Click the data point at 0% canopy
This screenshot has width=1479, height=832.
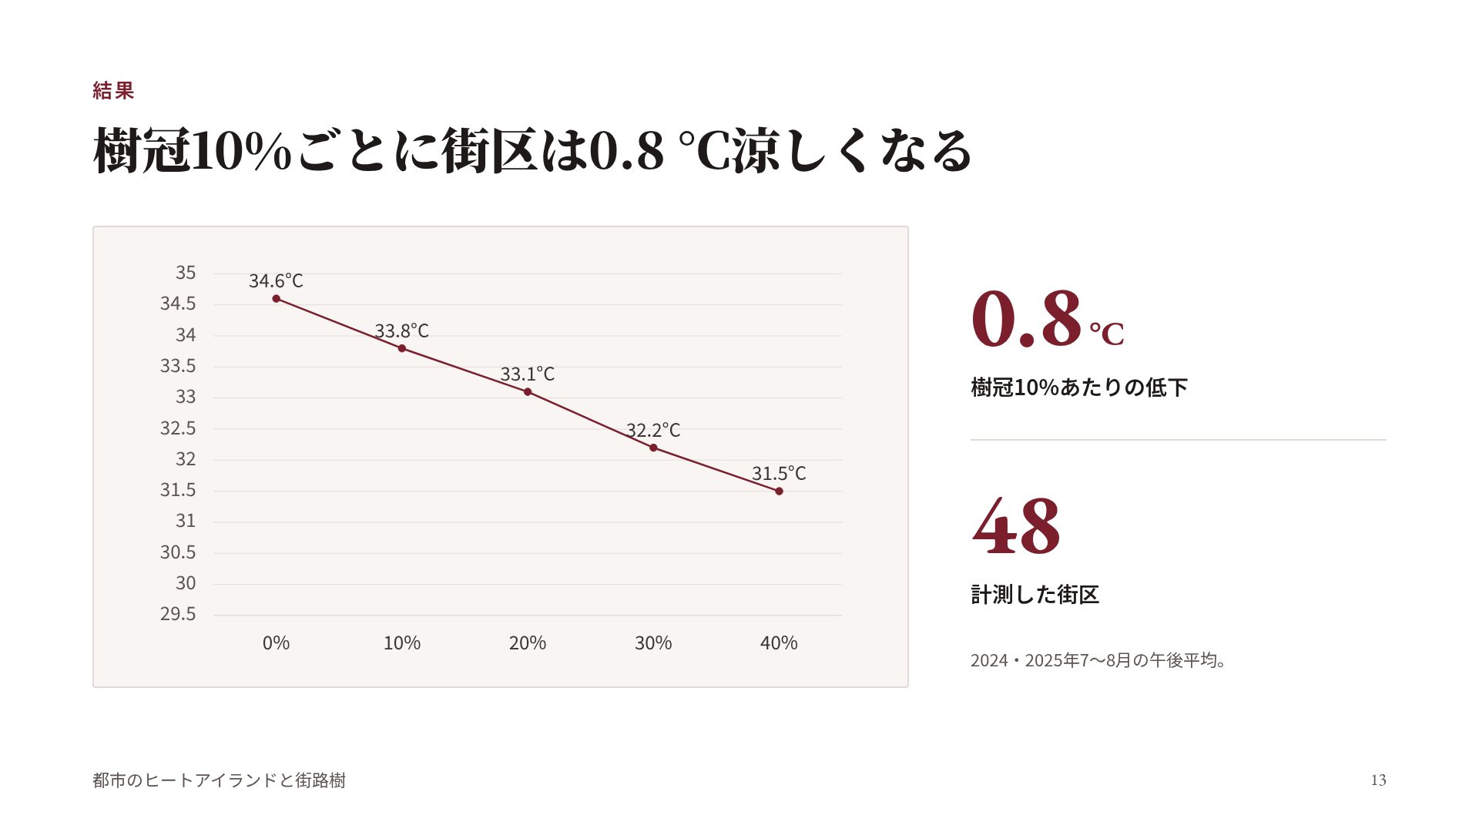click(276, 299)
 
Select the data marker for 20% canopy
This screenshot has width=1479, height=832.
click(528, 392)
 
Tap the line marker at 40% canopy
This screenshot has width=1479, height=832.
click(779, 491)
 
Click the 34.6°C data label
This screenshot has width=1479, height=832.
click(276, 281)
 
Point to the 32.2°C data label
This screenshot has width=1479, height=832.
click(653, 430)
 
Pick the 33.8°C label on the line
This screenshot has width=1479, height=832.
click(401, 331)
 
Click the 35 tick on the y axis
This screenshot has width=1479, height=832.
click(186, 273)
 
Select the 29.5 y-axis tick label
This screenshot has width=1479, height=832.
click(178, 614)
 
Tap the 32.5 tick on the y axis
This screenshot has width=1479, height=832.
click(178, 428)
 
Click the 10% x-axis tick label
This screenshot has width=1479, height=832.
click(402, 643)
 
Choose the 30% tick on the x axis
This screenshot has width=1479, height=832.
click(653, 643)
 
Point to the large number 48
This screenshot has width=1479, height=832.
click(1016, 526)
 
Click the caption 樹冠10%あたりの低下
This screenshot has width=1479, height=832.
click(1079, 387)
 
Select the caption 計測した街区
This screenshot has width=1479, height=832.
click(1035, 595)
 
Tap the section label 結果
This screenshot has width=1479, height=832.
click(113, 91)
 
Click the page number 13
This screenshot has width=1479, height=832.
click(1378, 780)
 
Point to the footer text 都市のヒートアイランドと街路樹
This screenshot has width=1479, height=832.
click(219, 780)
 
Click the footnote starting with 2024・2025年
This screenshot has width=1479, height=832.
click(1098, 660)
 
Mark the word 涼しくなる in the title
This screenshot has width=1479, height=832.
click(852, 150)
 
